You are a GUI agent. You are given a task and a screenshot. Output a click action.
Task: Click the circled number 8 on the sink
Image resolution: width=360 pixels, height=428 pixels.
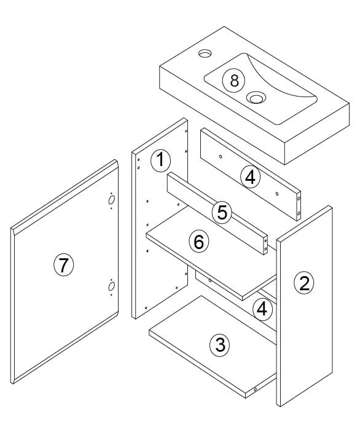(x=233, y=81)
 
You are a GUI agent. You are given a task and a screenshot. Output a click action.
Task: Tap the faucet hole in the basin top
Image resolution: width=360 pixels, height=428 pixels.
(x=205, y=53)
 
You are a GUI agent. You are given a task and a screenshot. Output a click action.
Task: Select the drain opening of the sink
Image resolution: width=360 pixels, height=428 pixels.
(x=256, y=97)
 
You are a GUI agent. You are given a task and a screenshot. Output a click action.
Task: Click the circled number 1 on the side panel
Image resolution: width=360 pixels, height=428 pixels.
(x=160, y=160)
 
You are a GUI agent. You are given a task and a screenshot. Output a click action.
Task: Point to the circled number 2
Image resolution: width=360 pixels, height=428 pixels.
(x=304, y=283)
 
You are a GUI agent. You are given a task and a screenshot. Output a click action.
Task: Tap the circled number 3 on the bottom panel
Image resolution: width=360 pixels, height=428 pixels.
(x=220, y=345)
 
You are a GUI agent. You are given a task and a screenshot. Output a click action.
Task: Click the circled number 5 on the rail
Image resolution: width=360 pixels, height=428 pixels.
(x=222, y=212)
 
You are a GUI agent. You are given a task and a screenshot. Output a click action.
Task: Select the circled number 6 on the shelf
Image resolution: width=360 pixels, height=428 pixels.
(x=199, y=242)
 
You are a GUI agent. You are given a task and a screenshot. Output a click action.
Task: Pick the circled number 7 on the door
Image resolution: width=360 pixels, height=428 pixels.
(x=63, y=265)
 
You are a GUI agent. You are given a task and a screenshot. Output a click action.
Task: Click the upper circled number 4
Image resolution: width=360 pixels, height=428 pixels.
(x=251, y=177)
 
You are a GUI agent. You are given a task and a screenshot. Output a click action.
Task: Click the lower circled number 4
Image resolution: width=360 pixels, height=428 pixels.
(x=262, y=309)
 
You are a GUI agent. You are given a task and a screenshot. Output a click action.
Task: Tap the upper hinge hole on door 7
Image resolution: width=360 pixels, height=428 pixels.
(x=111, y=200)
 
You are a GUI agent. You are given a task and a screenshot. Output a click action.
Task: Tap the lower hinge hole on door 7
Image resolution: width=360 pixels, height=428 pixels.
(x=111, y=287)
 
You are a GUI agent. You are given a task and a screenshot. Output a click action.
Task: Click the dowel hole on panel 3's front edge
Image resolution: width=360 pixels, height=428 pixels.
(x=256, y=389)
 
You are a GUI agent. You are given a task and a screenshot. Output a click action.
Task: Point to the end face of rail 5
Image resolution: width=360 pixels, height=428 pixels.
(x=265, y=245)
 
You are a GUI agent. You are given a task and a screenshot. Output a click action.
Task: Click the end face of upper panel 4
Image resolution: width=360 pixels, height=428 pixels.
(x=299, y=206)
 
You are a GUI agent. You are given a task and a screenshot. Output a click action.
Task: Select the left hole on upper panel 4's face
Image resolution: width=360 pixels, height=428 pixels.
(x=221, y=157)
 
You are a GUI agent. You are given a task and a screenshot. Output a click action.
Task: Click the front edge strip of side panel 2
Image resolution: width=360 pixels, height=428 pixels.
(x=278, y=323)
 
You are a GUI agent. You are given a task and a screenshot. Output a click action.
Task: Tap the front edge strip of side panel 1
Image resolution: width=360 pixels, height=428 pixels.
(x=134, y=235)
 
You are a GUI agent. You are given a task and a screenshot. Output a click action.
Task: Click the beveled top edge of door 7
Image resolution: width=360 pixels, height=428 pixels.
(x=65, y=196)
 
